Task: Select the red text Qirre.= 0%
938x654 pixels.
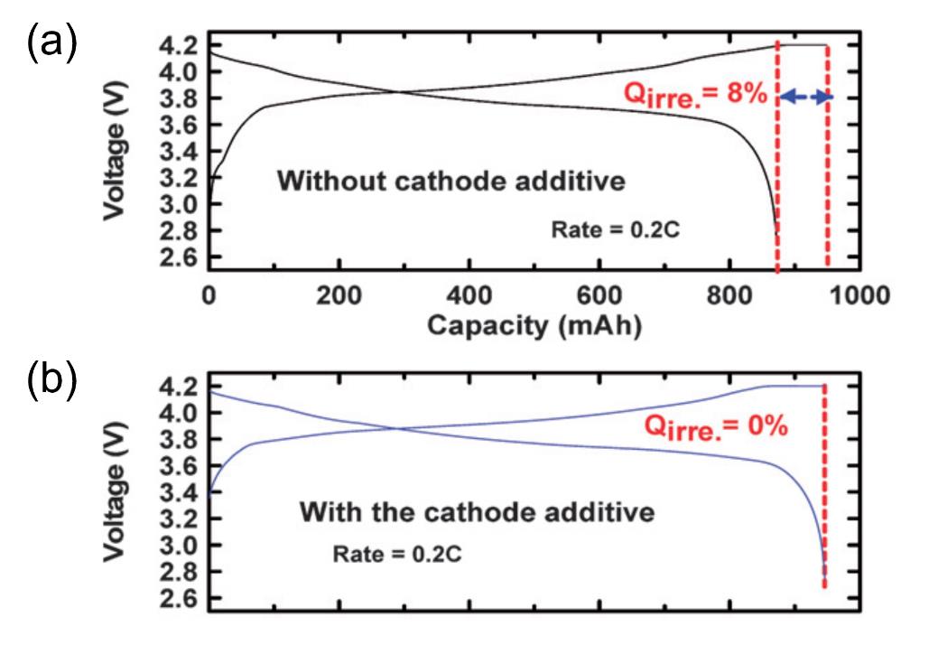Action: tap(719, 425)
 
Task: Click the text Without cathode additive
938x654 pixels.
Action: tap(450, 181)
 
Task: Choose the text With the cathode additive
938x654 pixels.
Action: tap(476, 514)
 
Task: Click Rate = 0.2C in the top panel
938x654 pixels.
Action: tap(614, 230)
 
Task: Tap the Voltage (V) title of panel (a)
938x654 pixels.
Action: tap(115, 152)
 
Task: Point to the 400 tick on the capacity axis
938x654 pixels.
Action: tap(469, 296)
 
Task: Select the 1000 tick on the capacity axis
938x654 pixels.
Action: tap(857, 296)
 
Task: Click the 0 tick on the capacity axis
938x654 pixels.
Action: tap(209, 296)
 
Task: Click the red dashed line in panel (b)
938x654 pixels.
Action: tap(825, 488)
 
